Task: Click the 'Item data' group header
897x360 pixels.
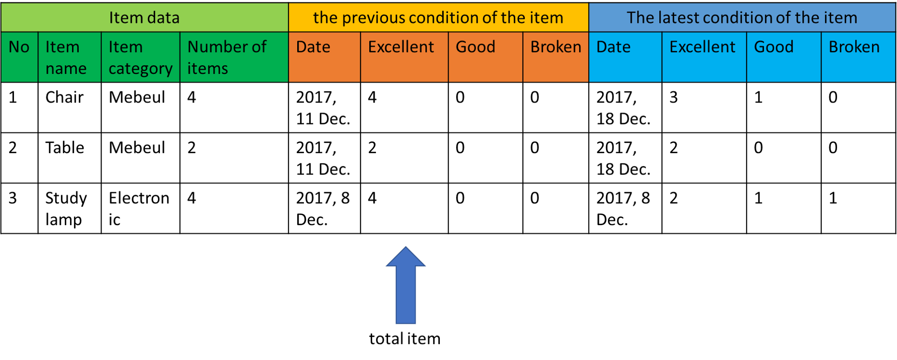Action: pos(144,18)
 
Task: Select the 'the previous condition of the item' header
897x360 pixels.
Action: pos(438,18)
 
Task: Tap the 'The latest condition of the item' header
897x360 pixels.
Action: pos(741,18)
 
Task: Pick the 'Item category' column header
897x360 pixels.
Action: pos(140,58)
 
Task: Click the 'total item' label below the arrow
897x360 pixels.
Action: pos(405,339)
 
